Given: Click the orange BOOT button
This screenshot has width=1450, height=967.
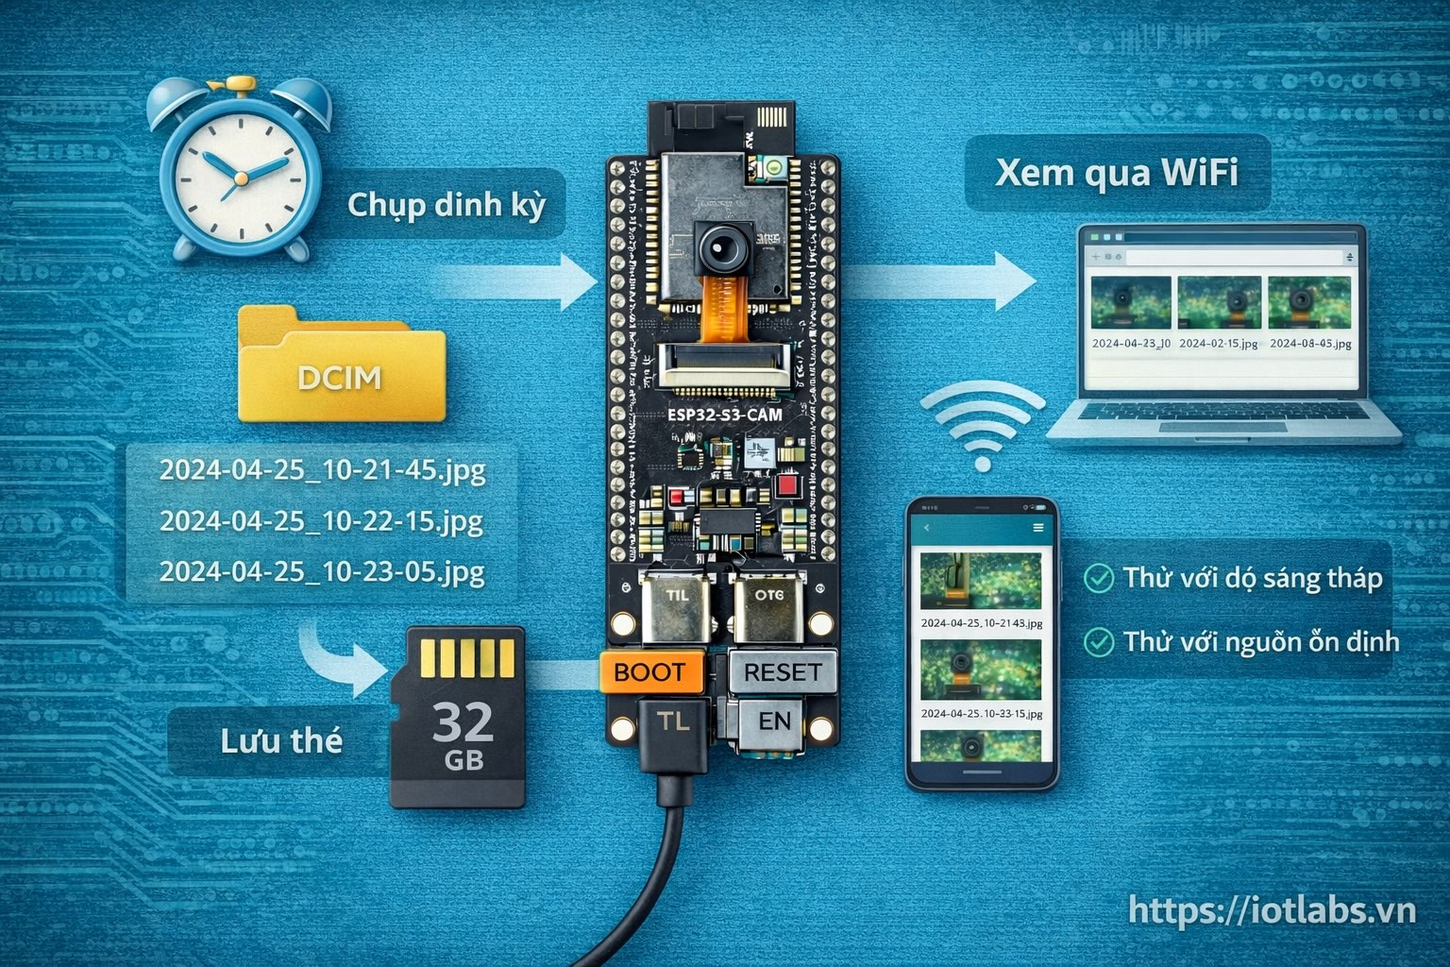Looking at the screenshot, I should [651, 672].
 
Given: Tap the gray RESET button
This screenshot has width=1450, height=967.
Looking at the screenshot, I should [783, 672].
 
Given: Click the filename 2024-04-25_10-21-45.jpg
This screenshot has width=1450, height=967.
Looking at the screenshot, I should [322, 470].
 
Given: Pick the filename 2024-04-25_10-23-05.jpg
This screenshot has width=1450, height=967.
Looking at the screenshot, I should [322, 572].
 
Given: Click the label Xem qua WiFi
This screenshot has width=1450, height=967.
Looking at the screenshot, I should [1117, 173].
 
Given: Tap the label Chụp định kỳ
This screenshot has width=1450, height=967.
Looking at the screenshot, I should [447, 205].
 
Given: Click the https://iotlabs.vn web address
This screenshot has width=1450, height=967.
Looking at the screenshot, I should [1272, 910].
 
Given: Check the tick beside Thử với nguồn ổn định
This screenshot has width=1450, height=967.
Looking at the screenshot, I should [1098, 642].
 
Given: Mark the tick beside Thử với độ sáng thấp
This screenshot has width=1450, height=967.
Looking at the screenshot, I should [1098, 578].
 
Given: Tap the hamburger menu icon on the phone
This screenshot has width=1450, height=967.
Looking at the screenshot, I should [1038, 528].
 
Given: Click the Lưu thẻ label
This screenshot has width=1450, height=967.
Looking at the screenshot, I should [280, 741].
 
